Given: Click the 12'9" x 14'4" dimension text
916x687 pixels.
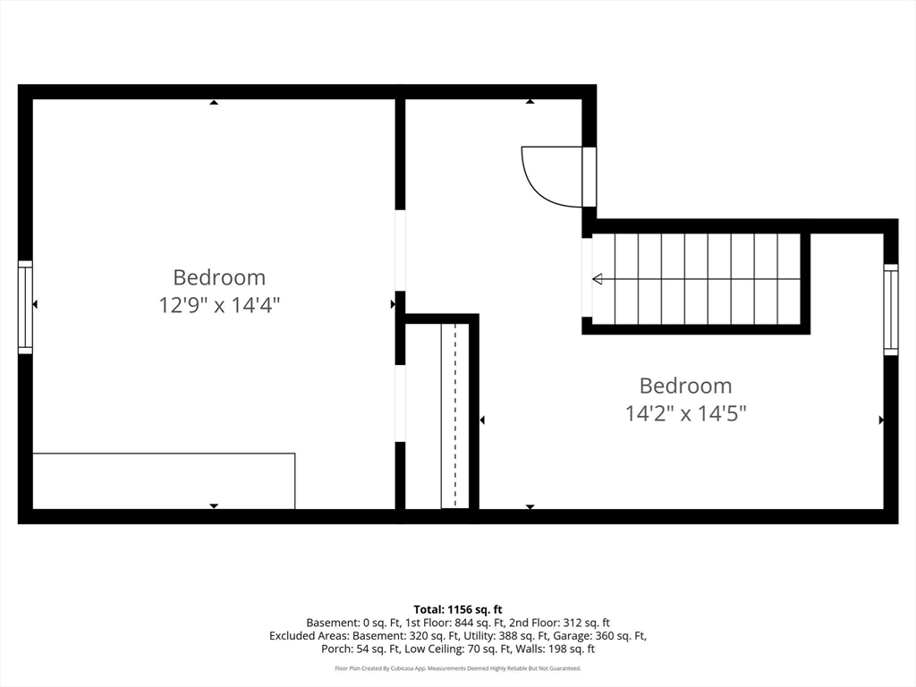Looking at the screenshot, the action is click(x=220, y=305).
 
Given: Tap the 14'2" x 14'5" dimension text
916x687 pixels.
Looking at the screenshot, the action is click(x=686, y=413).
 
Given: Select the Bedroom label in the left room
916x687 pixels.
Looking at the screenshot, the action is click(x=219, y=277).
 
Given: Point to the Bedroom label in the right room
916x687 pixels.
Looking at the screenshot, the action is click(x=685, y=386).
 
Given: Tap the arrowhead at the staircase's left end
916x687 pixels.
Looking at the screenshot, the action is click(x=597, y=279).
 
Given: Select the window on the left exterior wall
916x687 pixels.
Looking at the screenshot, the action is click(x=25, y=308).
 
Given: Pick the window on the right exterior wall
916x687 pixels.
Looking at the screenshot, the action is click(x=891, y=310).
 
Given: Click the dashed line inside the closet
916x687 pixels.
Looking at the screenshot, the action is click(x=455, y=415).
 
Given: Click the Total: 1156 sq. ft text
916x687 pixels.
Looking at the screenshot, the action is click(x=458, y=610).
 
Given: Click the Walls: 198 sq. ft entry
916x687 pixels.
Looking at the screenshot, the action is click(x=550, y=649).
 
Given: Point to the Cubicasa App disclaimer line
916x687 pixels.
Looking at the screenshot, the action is click(x=458, y=668).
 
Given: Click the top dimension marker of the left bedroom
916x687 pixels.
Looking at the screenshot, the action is click(x=214, y=102).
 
